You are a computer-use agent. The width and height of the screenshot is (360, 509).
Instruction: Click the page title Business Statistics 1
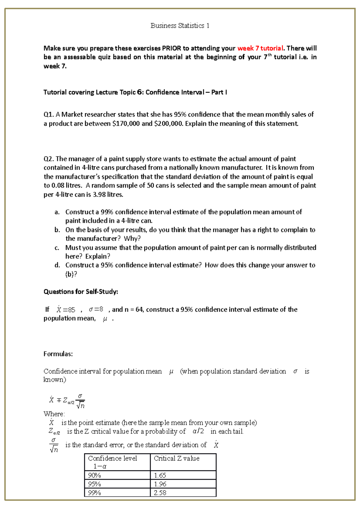coord(180,26)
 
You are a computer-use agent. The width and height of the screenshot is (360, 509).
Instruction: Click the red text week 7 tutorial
coord(260,48)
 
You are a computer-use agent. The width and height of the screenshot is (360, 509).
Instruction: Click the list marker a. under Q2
coord(57,212)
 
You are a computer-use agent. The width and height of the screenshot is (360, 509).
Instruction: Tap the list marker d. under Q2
coord(57,265)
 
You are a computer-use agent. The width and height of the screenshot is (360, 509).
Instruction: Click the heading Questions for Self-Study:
coord(81,292)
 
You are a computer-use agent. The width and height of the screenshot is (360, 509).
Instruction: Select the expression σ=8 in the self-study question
coord(96,309)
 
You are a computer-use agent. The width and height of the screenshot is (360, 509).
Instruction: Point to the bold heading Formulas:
coord(58,354)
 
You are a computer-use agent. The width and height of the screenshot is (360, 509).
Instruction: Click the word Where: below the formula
coord(54,414)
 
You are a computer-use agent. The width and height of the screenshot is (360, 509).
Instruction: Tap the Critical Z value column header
coord(176,458)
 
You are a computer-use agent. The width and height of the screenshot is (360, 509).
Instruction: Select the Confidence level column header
coord(112,458)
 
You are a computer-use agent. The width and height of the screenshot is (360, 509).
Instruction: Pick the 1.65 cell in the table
coord(160,475)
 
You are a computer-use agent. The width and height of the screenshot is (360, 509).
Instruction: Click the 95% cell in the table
coord(94,484)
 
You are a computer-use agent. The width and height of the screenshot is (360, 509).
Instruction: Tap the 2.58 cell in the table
coord(160,493)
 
